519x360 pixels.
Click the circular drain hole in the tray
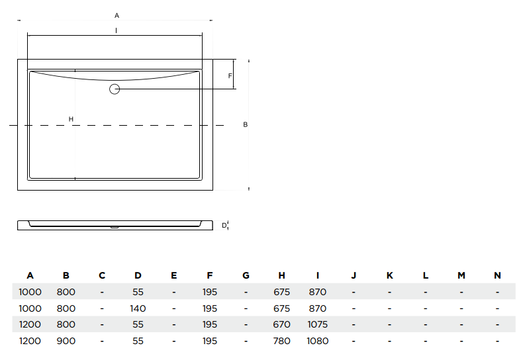[x=115, y=89]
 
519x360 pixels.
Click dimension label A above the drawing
[x=117, y=15]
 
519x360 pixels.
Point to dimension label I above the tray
[x=116, y=30]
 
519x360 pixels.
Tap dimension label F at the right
[x=230, y=76]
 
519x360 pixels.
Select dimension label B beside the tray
[x=245, y=124]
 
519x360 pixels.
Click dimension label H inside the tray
[x=71, y=119]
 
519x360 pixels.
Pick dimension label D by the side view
[x=224, y=226]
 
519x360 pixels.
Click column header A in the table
[x=30, y=275]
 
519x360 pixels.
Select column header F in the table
[x=210, y=275]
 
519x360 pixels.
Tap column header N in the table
[x=497, y=275]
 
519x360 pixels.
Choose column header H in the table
[x=281, y=275]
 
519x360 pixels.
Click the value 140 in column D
[x=138, y=308]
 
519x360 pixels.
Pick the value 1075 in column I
[x=317, y=325]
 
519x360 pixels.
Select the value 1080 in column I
[x=317, y=341]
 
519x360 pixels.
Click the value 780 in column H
[x=281, y=341]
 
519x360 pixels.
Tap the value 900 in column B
[x=66, y=341]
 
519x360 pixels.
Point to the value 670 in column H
[x=281, y=325]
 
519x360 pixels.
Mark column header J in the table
[x=354, y=275]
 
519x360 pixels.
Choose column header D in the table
[x=138, y=275]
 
